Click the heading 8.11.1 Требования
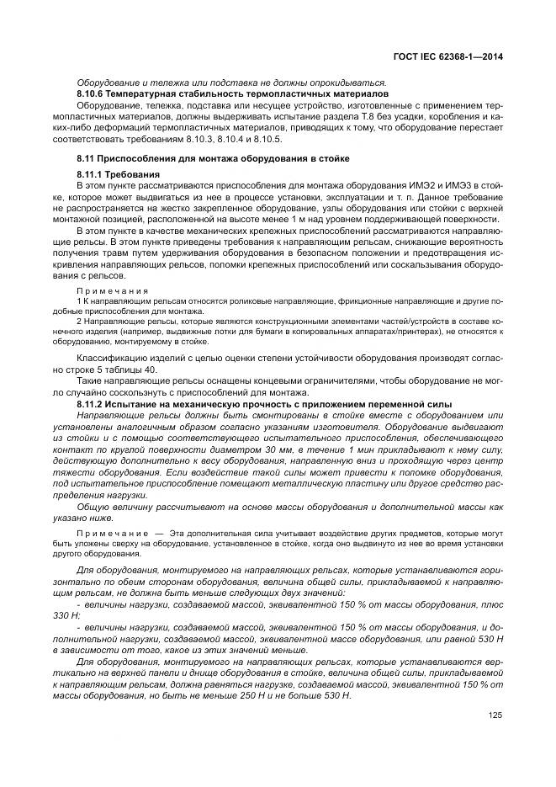[111, 173]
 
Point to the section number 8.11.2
[91, 405]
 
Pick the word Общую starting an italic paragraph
[93, 507]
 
